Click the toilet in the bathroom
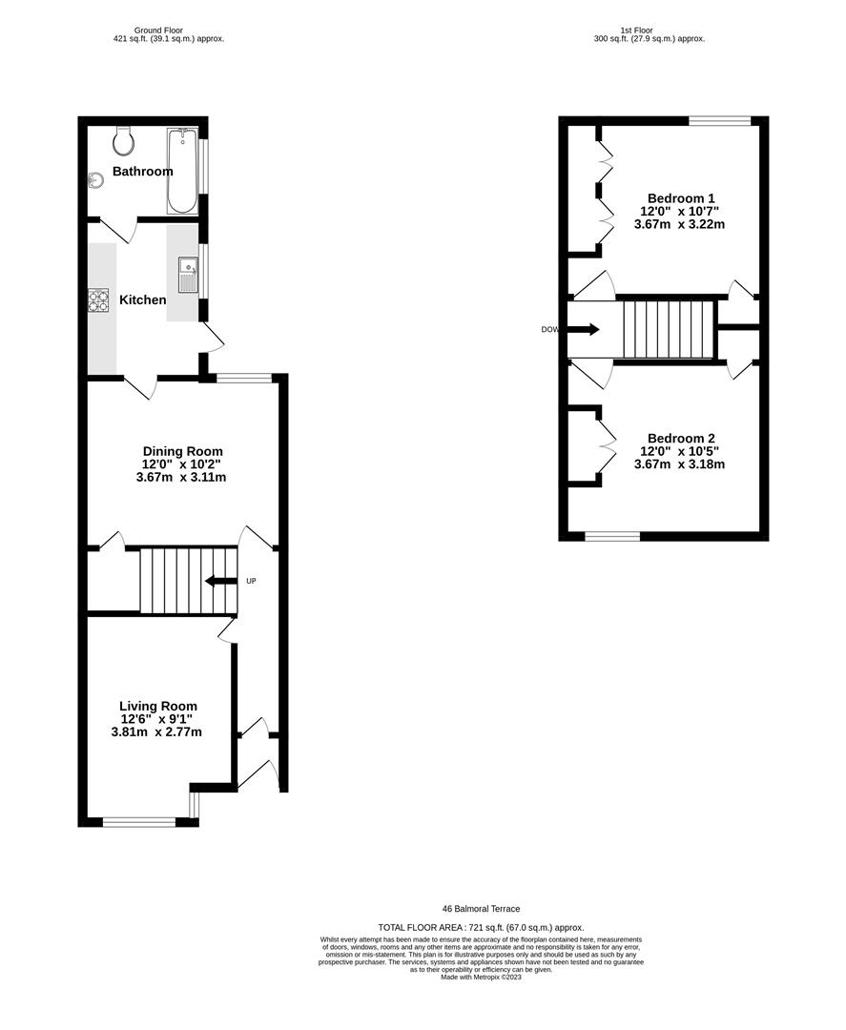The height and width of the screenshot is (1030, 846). click(x=123, y=141)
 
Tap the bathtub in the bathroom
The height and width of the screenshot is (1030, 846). click(x=182, y=170)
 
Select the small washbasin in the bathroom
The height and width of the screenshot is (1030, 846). click(x=94, y=179)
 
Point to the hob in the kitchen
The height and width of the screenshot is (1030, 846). click(x=98, y=300)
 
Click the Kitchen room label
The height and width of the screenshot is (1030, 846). click(x=143, y=300)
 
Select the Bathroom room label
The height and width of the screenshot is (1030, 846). click(x=143, y=172)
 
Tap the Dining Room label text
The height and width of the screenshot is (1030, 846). click(x=182, y=451)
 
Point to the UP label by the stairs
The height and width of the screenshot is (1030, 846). click(x=252, y=581)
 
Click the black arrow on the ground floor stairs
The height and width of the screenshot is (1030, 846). click(x=220, y=581)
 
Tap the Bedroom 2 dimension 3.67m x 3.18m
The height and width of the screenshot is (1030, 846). click(x=679, y=465)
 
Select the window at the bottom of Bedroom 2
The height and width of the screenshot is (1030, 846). click(x=611, y=536)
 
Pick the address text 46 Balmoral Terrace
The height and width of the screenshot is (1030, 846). click(x=481, y=909)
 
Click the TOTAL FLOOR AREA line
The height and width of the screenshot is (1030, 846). click(x=481, y=927)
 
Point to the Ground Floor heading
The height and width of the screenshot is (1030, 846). click(x=169, y=31)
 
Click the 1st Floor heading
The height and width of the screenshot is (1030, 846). click(x=650, y=31)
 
